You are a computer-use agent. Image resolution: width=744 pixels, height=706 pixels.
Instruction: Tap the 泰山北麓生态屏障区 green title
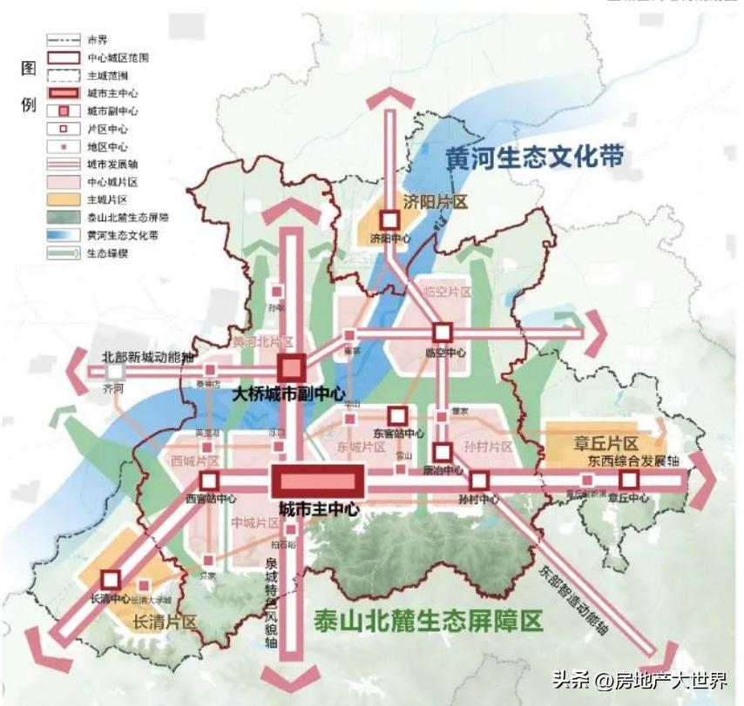427,620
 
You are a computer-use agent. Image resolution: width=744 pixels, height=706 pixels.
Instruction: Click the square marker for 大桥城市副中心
291,367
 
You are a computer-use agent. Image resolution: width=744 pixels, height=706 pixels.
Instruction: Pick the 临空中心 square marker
443,333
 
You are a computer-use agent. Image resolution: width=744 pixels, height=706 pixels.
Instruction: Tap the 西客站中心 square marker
208,481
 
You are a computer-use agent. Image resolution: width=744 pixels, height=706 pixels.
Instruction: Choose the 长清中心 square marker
110,579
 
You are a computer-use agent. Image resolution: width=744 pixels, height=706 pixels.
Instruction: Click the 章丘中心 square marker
629,480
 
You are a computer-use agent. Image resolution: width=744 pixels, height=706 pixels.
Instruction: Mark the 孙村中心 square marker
478,481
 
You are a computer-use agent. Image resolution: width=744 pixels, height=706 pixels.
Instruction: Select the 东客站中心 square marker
397,415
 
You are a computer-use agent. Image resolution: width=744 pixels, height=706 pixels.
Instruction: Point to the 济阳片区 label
436,203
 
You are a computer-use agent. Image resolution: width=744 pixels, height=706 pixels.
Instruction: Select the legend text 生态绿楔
105,253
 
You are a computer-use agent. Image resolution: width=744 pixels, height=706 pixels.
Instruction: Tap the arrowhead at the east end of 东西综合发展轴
706,481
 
